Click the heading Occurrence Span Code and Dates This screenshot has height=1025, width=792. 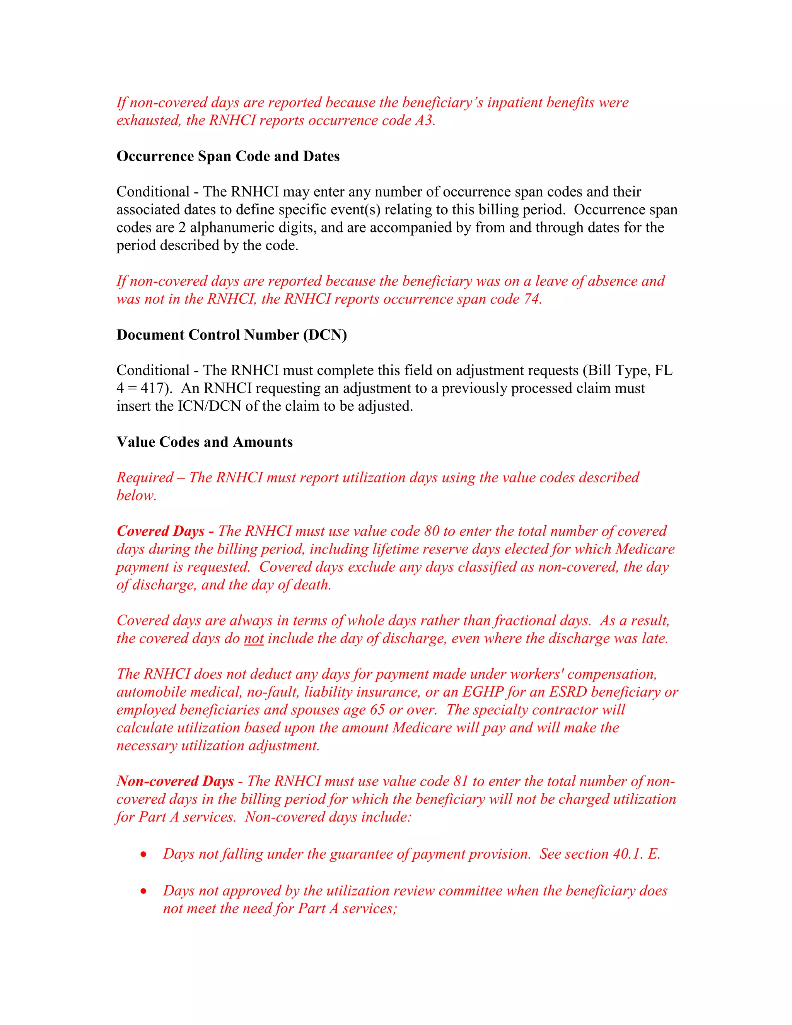click(x=228, y=156)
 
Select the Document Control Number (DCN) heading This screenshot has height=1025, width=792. click(x=231, y=335)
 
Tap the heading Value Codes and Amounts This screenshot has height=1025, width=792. click(x=205, y=442)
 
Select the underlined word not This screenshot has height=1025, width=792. click(x=253, y=639)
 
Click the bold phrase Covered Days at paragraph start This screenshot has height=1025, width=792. click(x=160, y=531)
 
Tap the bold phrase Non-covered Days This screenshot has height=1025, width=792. click(x=175, y=781)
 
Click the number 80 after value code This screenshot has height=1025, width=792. click(x=431, y=531)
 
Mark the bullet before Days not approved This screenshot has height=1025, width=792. click(x=143, y=891)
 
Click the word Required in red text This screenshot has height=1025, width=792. click(x=145, y=478)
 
